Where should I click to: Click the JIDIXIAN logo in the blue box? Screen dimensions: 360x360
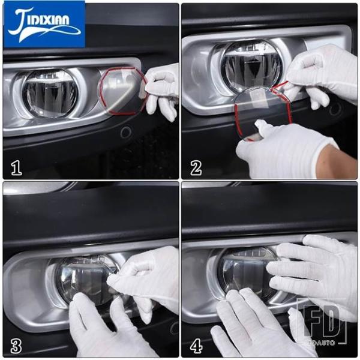(44, 25)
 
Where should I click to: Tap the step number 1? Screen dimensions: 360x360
(16, 167)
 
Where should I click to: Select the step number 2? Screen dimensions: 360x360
(196, 168)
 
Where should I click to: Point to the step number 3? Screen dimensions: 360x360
(16, 346)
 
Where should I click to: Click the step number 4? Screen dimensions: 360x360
(196, 346)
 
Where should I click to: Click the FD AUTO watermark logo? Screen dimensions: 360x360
(322, 322)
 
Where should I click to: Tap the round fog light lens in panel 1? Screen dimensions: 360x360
(50, 93)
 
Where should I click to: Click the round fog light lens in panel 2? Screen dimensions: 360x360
(251, 65)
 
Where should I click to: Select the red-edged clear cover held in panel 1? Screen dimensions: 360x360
(122, 91)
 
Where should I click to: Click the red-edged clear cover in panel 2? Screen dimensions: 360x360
(262, 113)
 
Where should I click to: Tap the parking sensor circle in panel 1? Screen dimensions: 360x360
(126, 132)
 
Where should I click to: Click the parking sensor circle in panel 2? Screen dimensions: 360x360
(335, 109)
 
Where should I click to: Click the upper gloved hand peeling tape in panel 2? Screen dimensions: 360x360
(322, 76)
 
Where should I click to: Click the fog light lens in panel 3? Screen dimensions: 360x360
(85, 280)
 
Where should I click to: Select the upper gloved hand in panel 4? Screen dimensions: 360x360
(312, 273)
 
